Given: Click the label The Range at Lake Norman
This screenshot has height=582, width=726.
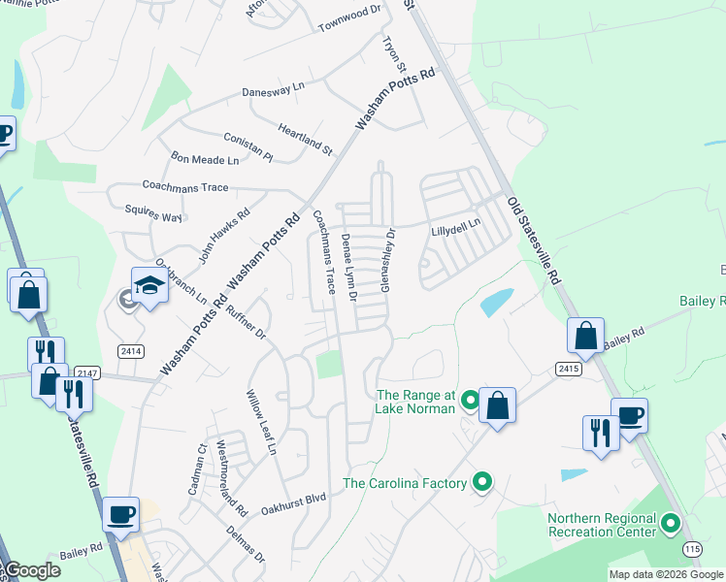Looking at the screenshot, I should (x=414, y=402).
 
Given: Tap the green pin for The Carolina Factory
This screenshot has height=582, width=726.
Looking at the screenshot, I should (x=482, y=482).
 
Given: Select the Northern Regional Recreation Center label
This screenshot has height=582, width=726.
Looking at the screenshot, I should (x=601, y=525).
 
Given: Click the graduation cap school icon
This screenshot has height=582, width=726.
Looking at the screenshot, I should (x=150, y=285).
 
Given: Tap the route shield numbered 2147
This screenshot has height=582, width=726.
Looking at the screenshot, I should (x=87, y=372).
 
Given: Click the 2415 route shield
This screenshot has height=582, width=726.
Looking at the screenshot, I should (x=569, y=368).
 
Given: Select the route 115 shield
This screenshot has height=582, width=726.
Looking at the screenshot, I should (x=692, y=549).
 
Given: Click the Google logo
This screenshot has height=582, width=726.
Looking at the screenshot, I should (x=32, y=570).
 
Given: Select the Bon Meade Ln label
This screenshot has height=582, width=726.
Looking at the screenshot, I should (x=205, y=159).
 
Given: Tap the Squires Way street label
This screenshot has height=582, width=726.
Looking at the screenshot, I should (x=153, y=213).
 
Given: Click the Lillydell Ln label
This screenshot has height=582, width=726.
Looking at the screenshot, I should (x=456, y=228).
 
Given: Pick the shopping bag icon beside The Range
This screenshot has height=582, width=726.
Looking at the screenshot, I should (x=497, y=405).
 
